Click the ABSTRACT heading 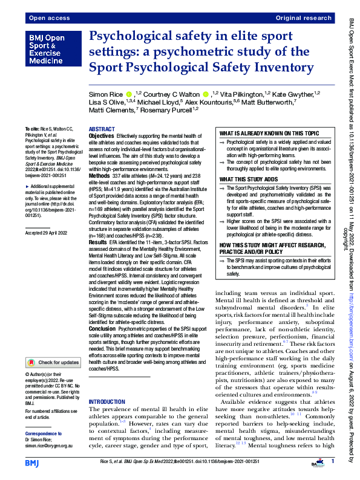pyautogui.click(x=101, y=130)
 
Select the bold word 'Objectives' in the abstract pyautogui.click(x=101, y=137)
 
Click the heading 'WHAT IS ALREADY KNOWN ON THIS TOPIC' pyautogui.click(x=269, y=132)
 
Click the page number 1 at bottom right pyautogui.click(x=332, y=462)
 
